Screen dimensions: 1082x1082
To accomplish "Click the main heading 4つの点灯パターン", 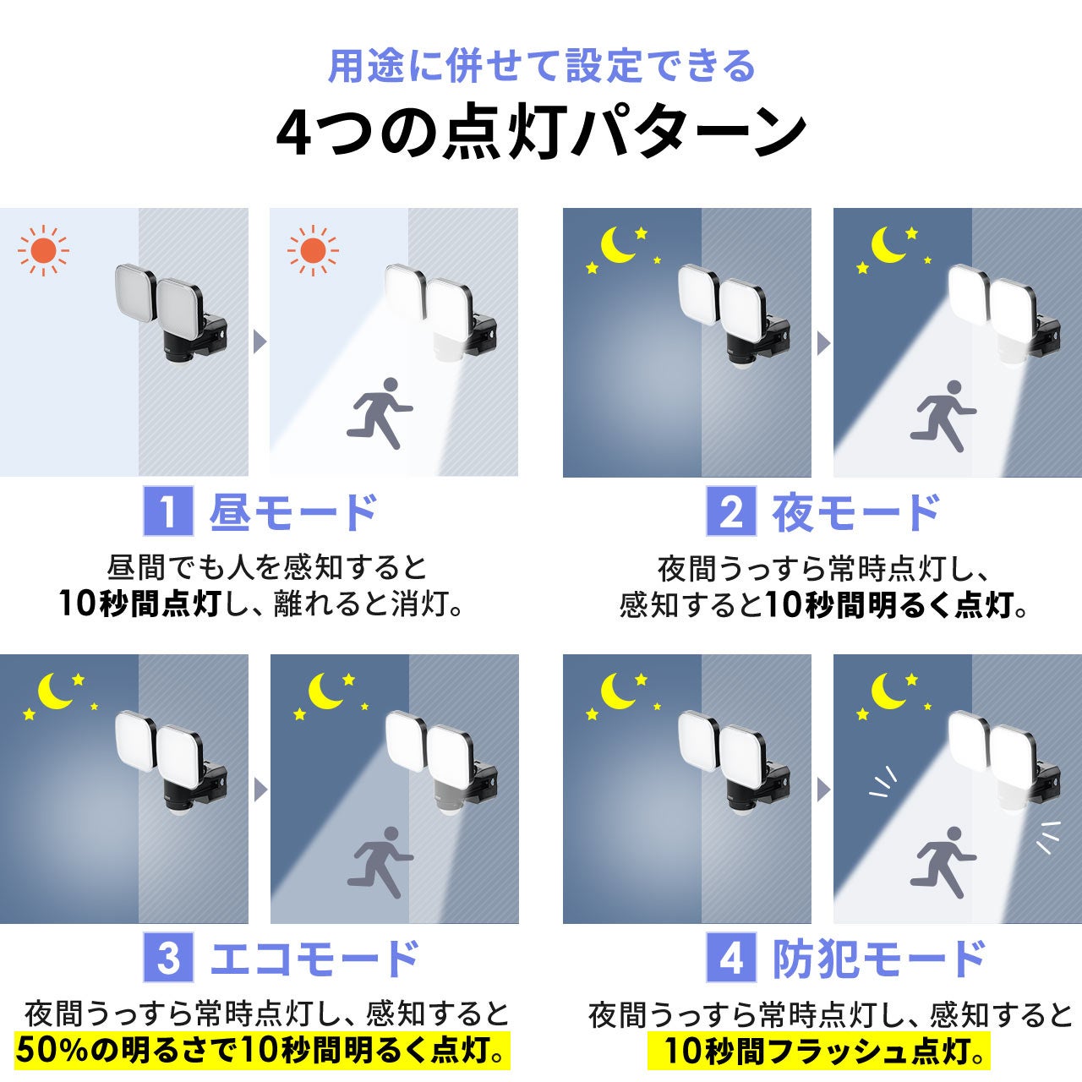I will point(541,134).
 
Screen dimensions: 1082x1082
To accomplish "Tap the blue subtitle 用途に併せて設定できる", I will point(541,66).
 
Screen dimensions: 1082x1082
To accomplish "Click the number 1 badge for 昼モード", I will point(167,511).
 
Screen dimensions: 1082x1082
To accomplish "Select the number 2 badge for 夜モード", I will point(731,511).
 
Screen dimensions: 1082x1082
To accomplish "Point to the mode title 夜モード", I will point(856,512).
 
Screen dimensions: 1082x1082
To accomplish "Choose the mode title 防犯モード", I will point(879,959).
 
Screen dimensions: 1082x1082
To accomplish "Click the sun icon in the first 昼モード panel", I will point(43,250).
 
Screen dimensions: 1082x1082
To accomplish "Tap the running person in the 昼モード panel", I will point(380,413).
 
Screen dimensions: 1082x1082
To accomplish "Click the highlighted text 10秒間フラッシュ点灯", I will point(817,1051).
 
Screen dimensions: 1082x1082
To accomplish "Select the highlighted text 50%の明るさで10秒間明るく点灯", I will point(263,1051).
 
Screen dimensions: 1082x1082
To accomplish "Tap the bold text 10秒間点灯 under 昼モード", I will point(139,604).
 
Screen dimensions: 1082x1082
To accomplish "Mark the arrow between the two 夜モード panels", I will point(823,343).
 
